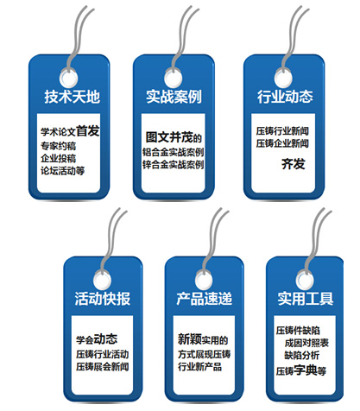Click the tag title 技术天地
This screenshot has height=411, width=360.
pos(72,97)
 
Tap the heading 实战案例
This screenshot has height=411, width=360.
pos(174,97)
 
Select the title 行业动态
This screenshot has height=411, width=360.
pos(285,97)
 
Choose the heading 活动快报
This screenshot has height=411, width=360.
pos(103,299)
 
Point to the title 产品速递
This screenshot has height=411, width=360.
pos(205,299)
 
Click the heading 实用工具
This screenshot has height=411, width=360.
pos(306,299)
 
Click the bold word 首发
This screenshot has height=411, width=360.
pos(88,131)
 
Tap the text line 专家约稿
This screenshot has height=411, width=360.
pos(59,146)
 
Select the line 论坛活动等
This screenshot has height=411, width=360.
pos(63,171)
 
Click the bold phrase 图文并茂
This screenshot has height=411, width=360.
pos(168,137)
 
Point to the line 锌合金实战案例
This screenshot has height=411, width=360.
pos(174,165)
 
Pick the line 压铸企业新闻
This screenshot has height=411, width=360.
pos(282,143)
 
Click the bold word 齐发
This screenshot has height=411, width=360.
pos(294,164)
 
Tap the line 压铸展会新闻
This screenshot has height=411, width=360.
pos(103,367)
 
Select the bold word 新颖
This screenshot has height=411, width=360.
pos(190,339)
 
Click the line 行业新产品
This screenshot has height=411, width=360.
pos(199,367)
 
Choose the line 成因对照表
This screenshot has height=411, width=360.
pos(306,343)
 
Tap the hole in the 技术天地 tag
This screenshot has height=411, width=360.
pos(68,79)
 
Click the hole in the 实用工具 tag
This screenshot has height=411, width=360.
pos(305,280)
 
